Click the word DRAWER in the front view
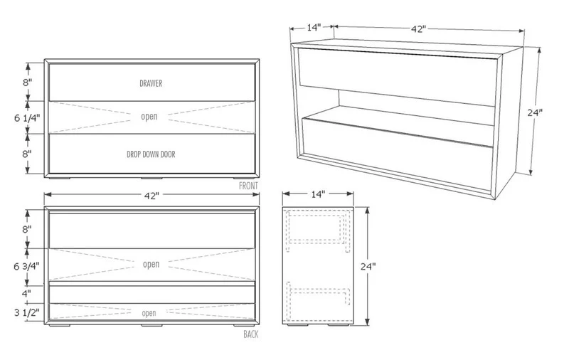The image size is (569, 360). (x=151, y=83)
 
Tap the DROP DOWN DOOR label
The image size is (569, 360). (x=151, y=154)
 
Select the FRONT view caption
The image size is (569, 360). (x=248, y=186)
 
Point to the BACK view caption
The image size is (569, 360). (x=251, y=334)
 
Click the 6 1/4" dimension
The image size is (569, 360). (x=27, y=118)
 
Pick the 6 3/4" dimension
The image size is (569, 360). (x=26, y=266)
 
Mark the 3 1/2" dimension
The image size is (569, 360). (x=26, y=312)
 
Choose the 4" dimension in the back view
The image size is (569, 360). (x=26, y=293)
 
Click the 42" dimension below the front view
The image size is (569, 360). (x=151, y=196)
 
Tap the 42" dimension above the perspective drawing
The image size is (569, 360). (x=418, y=29)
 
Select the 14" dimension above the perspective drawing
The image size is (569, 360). (x=314, y=27)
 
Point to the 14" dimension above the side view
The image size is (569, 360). (x=318, y=194)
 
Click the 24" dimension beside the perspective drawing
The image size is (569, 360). (x=535, y=112)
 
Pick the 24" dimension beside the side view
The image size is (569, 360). (x=368, y=266)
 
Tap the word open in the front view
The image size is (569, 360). (x=149, y=117)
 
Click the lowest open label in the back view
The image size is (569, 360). (x=149, y=313)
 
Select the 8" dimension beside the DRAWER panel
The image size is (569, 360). (x=28, y=83)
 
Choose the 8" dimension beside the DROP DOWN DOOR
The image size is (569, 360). (x=27, y=154)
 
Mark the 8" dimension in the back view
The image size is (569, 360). (x=27, y=229)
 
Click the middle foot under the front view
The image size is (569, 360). (x=151, y=178)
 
